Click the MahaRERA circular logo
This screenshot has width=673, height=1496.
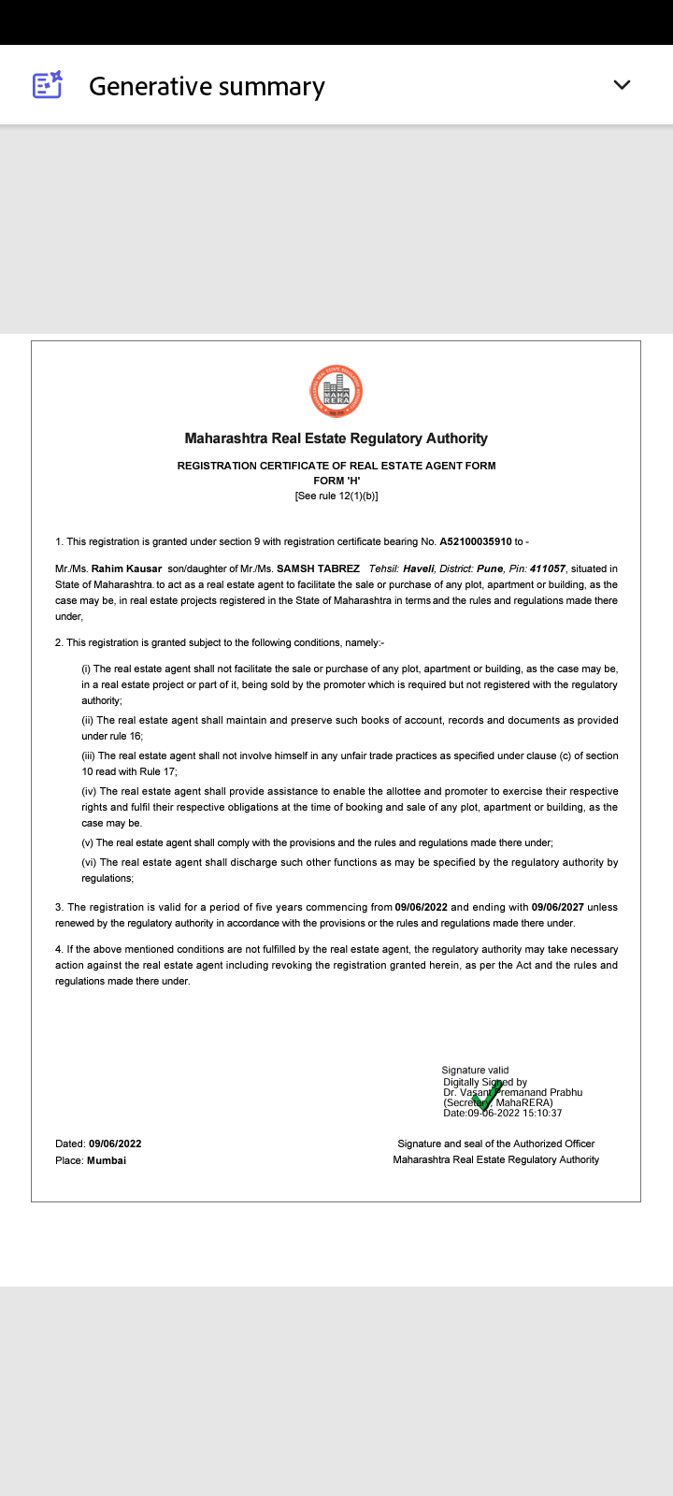(x=336, y=392)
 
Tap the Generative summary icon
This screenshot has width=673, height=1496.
(x=47, y=85)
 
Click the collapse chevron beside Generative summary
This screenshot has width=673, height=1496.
(x=622, y=85)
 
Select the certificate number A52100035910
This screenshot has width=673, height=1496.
(x=476, y=541)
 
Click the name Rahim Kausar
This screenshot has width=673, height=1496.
(x=126, y=568)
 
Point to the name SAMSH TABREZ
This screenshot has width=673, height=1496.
(x=318, y=568)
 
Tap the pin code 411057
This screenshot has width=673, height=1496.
(x=547, y=568)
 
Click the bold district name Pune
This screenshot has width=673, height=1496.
(x=490, y=568)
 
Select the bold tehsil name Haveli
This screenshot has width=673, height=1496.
(x=418, y=568)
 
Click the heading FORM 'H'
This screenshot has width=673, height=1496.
(x=336, y=481)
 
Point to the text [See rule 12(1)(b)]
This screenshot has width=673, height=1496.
(x=336, y=496)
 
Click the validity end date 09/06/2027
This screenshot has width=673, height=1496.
(x=558, y=907)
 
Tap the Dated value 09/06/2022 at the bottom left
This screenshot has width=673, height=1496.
(x=115, y=1144)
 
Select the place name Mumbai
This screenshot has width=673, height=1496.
(x=107, y=1160)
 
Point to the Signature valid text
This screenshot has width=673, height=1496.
(x=475, y=1070)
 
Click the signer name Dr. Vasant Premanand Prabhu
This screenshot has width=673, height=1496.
(x=512, y=1092)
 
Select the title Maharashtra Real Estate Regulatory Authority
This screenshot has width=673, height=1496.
(x=336, y=439)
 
